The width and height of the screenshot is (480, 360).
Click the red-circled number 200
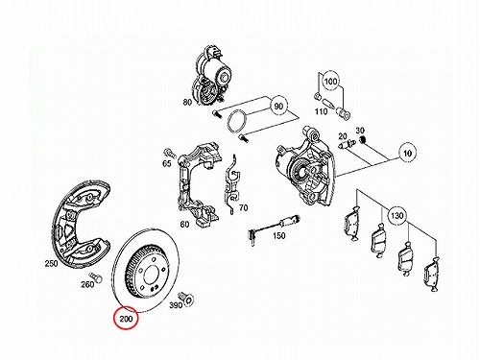126,319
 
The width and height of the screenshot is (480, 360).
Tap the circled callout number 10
407,153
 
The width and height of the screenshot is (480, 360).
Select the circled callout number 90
279,106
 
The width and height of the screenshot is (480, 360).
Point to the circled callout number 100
330,81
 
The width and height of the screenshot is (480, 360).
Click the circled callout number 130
396,215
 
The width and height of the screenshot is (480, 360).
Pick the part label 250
51,264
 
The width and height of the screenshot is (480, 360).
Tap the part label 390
176,305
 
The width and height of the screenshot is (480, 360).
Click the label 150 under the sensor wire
278,236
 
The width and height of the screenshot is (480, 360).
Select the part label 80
187,102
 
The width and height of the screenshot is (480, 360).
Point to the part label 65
167,163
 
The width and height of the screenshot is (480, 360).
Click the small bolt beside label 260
95,276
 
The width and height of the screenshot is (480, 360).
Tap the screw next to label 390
186,298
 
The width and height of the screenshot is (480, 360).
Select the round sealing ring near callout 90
236,120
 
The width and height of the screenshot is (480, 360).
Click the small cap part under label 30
363,139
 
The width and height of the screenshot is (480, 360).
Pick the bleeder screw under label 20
346,144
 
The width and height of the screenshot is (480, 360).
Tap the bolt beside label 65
170,153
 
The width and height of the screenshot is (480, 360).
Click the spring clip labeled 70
232,185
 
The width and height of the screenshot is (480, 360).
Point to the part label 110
321,111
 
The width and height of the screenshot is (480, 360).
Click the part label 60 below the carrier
184,225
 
